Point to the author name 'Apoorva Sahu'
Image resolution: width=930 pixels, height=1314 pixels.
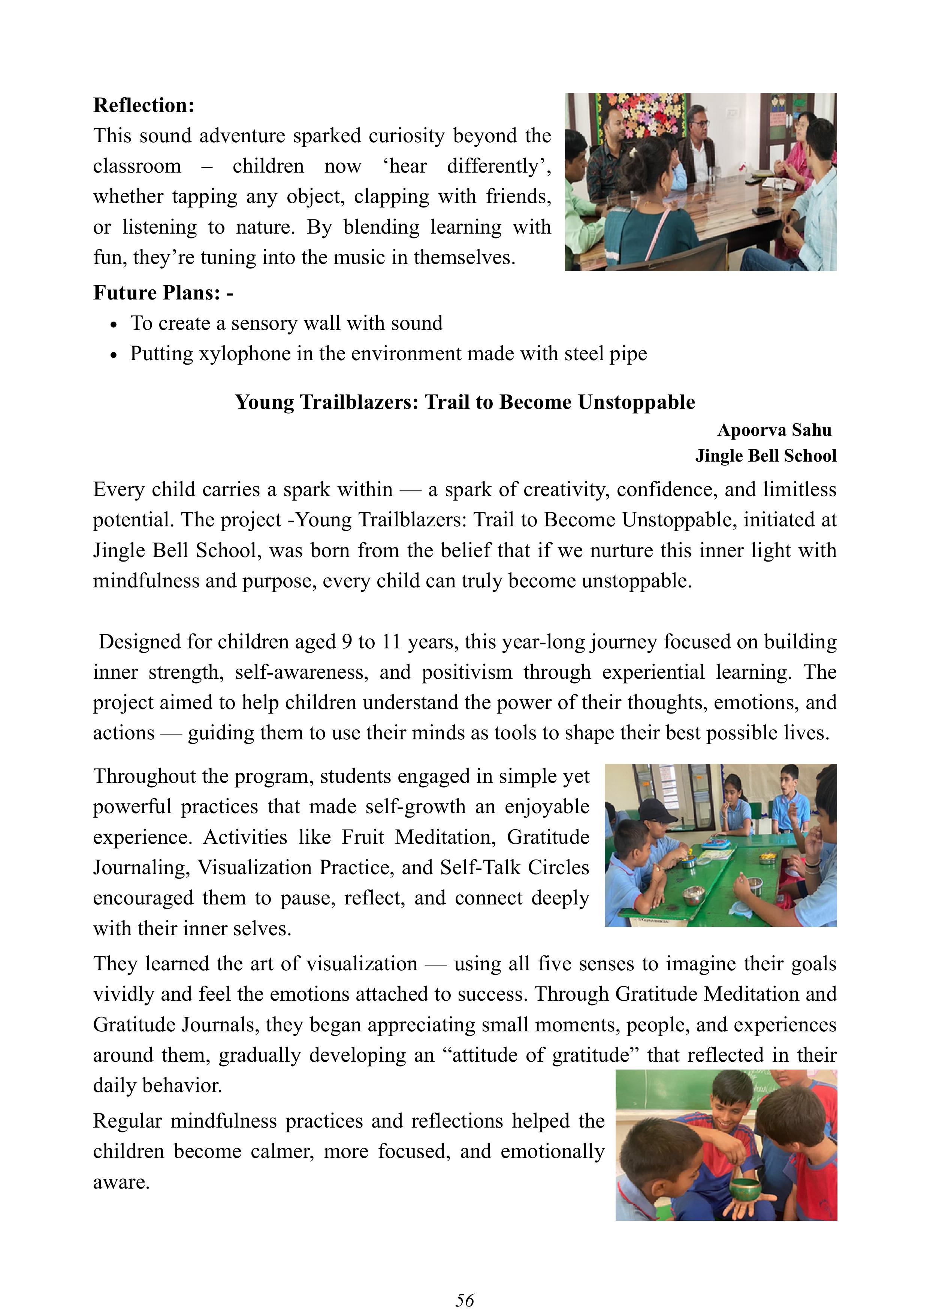click(774, 430)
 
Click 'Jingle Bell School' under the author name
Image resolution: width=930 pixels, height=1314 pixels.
click(766, 456)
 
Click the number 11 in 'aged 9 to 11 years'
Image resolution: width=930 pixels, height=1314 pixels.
click(391, 642)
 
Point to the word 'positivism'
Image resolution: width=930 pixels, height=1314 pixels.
click(467, 672)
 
